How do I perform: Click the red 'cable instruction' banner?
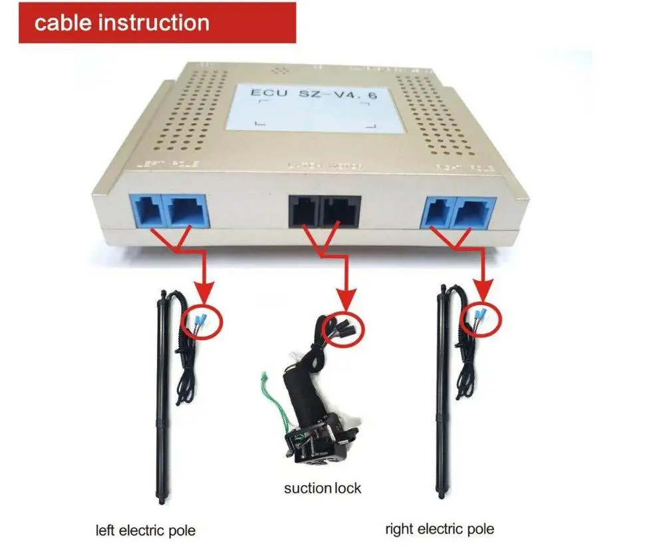point(157,23)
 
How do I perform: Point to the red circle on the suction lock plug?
point(342,326)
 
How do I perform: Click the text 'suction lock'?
point(323,488)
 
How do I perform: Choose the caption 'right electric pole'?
point(440,529)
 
